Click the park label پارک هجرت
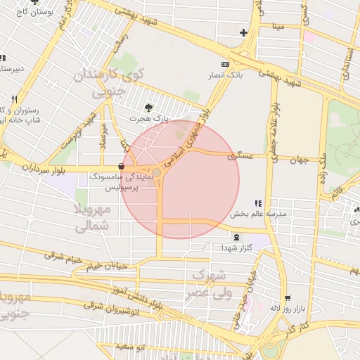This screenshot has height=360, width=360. (149, 119)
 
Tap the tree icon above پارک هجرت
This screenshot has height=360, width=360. (148, 108)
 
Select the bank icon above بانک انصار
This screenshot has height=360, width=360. (225, 64)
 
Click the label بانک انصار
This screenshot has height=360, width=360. (224, 75)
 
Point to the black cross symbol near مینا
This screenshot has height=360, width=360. (243, 32)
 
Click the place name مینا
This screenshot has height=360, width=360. (279, 27)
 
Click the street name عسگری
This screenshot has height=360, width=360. (240, 157)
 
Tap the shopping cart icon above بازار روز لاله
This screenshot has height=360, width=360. (287, 298)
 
